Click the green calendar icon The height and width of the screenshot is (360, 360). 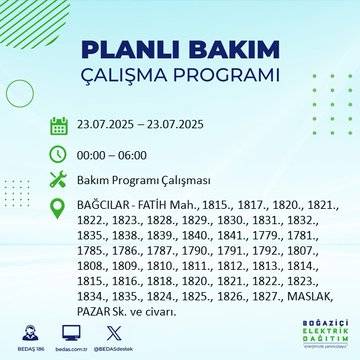tap(60, 125)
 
